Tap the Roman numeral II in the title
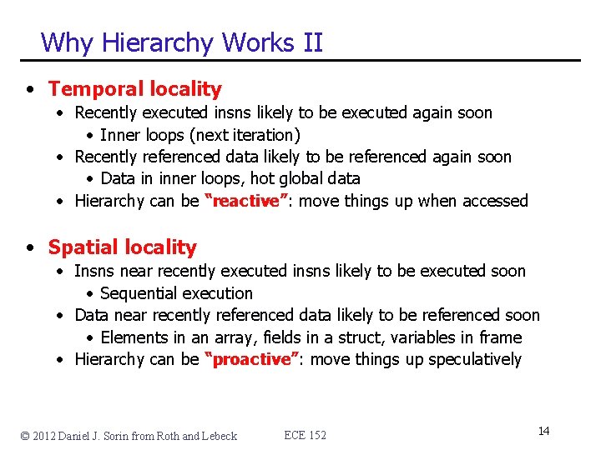coord(312,42)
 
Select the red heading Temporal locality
coord(135,89)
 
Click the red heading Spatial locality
coord(123,247)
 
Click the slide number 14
coord(543,431)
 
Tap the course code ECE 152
coord(306,435)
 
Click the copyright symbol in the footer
coord(26,435)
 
